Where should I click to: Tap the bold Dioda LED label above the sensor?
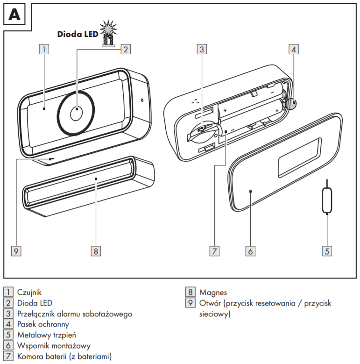(x=78, y=34)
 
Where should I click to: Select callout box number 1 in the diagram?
(x=43, y=49)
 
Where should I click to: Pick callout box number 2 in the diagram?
(x=125, y=49)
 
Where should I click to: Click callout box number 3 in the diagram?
(x=201, y=49)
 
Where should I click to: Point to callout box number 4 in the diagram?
(x=293, y=49)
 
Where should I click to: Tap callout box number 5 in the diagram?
(x=327, y=251)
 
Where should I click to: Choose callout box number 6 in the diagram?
(x=250, y=251)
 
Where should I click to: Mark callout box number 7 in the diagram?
(x=214, y=251)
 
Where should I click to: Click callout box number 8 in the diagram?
(x=95, y=251)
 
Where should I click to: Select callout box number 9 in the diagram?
(x=16, y=251)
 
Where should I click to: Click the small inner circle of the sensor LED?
(x=76, y=113)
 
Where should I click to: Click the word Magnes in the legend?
(x=213, y=293)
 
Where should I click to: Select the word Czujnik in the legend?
(x=29, y=293)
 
